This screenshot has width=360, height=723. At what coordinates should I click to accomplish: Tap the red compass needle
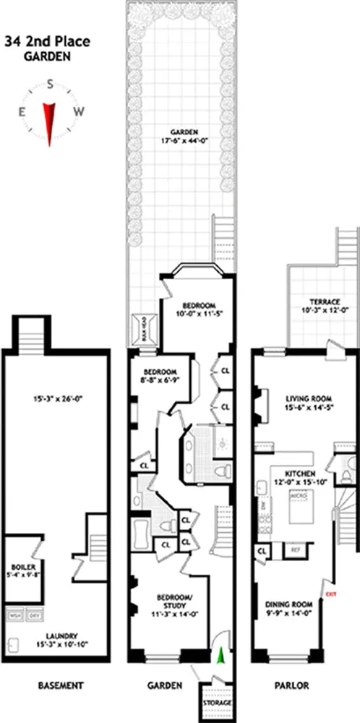click(x=50, y=121)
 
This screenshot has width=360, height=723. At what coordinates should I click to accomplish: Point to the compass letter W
click(x=80, y=111)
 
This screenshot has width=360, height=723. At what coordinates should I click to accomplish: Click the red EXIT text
click(x=332, y=594)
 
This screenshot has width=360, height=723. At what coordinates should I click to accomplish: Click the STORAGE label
click(x=217, y=703)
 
